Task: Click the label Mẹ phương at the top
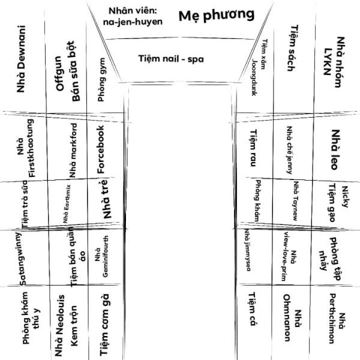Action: pyautogui.click(x=216, y=16)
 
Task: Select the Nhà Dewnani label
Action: pyautogui.click(x=23, y=58)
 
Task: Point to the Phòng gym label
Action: pyautogui.click(x=102, y=83)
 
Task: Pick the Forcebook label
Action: pyautogui.click(x=101, y=149)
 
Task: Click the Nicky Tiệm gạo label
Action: pyautogui.click(x=338, y=202)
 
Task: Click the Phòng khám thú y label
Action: pyautogui.click(x=31, y=323)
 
